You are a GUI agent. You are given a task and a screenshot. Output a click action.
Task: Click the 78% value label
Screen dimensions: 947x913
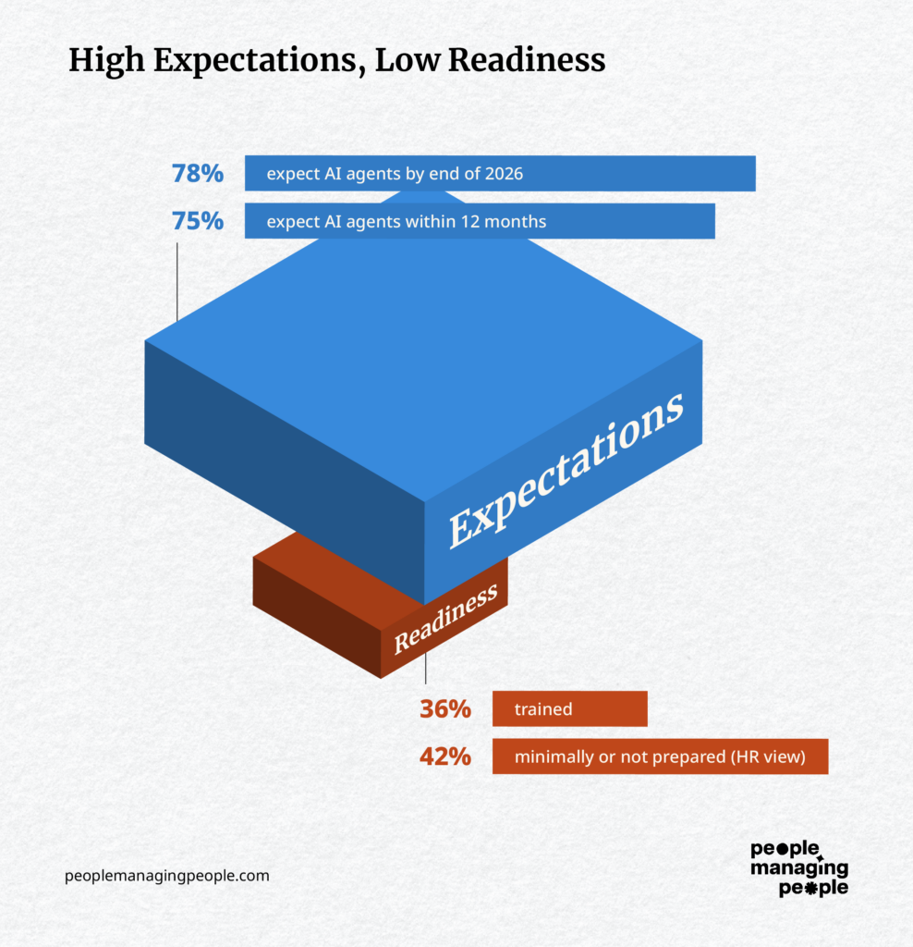pyautogui.click(x=198, y=174)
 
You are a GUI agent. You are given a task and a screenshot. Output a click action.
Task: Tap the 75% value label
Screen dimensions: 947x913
pyautogui.click(x=198, y=221)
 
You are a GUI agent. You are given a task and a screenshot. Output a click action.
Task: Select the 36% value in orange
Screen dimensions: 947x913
pyautogui.click(x=445, y=709)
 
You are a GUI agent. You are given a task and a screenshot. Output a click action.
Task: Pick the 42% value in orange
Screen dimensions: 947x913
pyautogui.click(x=445, y=756)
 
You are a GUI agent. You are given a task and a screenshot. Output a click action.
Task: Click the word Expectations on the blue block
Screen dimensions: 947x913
pyautogui.click(x=566, y=470)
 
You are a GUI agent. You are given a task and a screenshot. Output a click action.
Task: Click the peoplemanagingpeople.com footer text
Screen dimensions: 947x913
pyautogui.click(x=167, y=875)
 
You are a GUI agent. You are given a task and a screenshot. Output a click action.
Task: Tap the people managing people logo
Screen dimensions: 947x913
pyautogui.click(x=799, y=867)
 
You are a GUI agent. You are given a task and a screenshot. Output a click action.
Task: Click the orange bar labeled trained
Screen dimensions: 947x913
pyautogui.click(x=569, y=709)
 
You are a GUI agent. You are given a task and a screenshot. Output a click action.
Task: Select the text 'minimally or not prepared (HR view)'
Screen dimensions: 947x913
pyautogui.click(x=660, y=756)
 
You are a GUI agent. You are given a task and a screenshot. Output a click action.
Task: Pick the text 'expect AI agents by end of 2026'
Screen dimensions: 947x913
pyautogui.click(x=395, y=174)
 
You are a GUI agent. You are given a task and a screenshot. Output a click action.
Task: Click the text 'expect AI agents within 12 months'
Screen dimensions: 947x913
pyautogui.click(x=406, y=222)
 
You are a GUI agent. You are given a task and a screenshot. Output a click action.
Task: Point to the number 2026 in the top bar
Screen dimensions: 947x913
pyautogui.click(x=505, y=174)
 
